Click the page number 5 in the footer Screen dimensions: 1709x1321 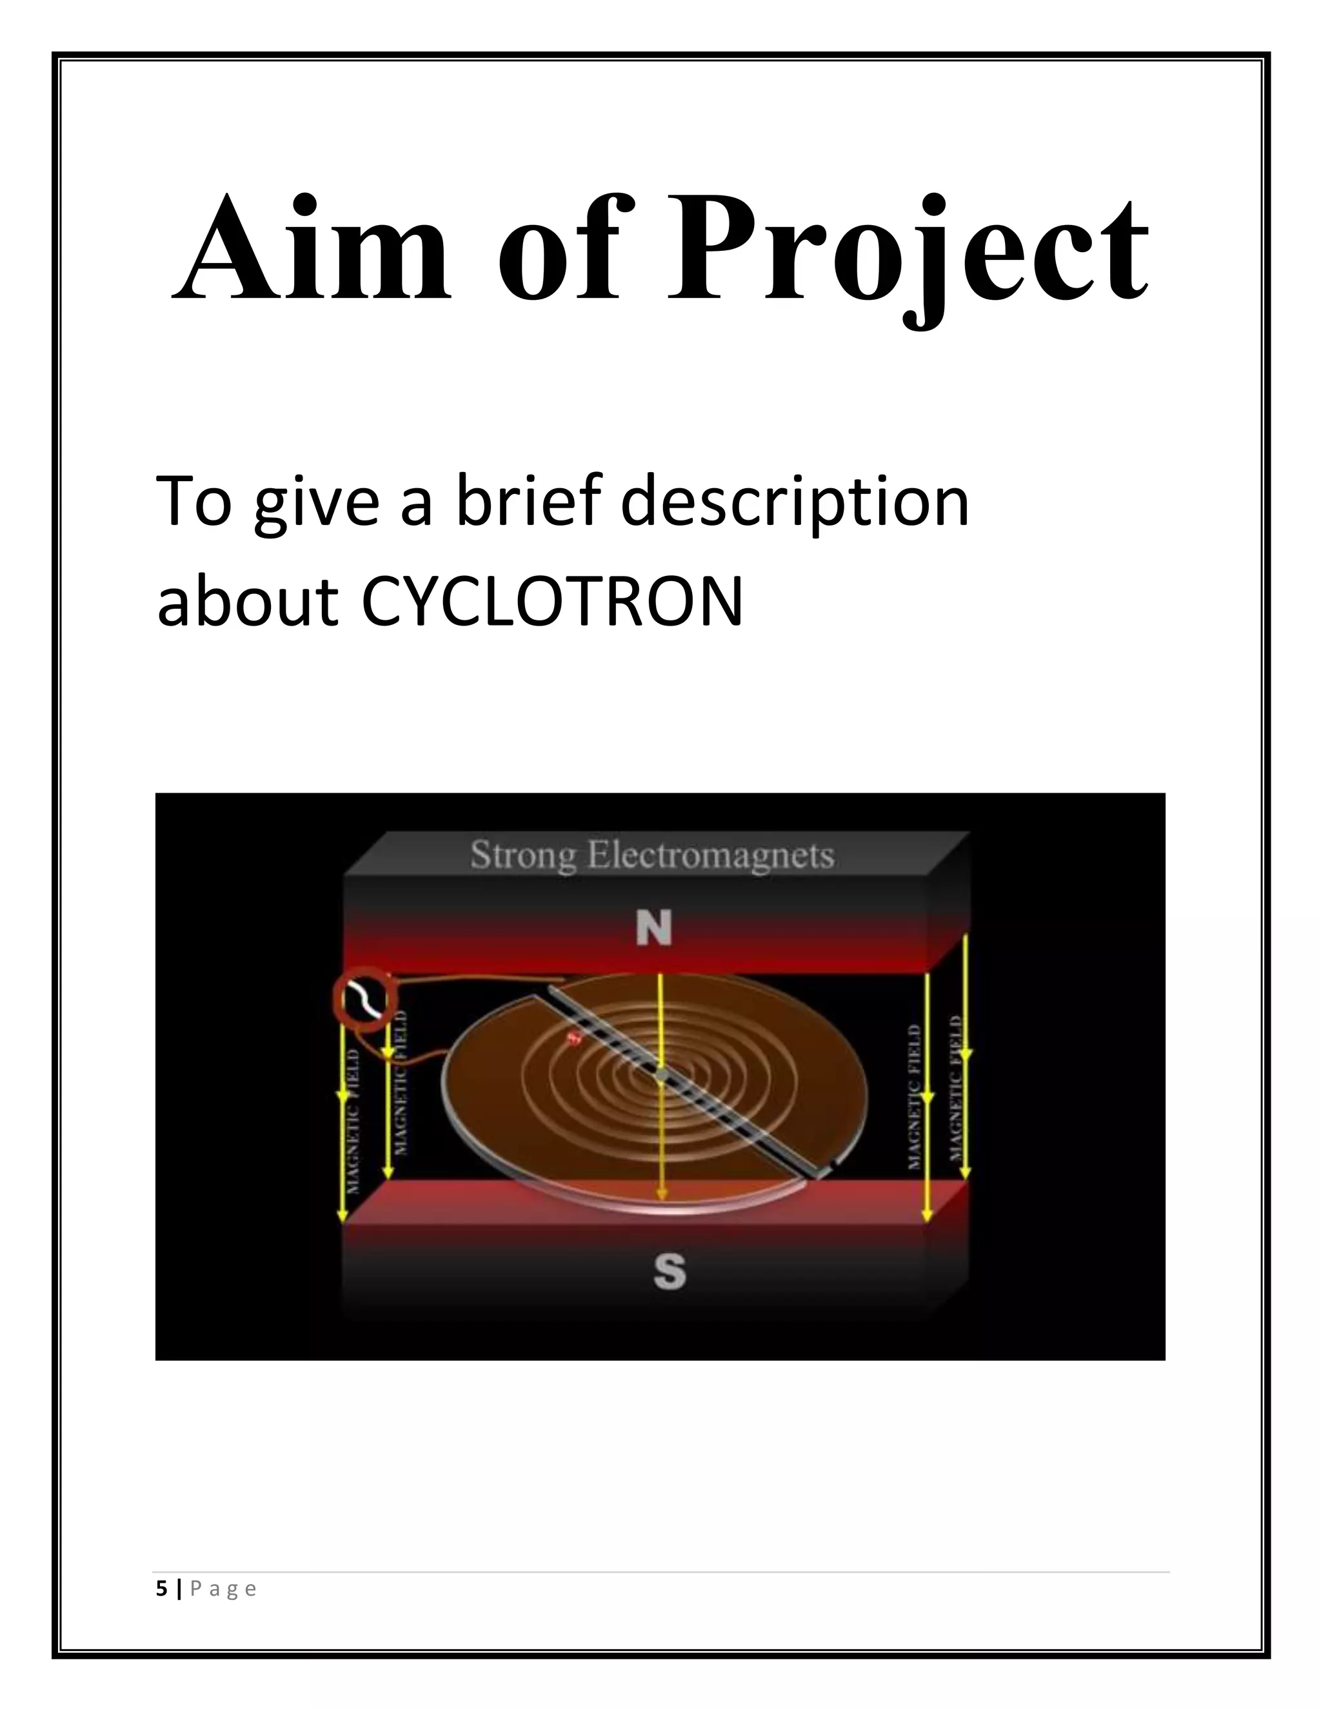click(161, 1588)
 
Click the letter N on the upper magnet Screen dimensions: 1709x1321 click(654, 929)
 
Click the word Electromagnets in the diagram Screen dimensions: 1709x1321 click(711, 854)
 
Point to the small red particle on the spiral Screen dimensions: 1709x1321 click(573, 1038)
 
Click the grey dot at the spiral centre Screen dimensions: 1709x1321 click(661, 1078)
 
